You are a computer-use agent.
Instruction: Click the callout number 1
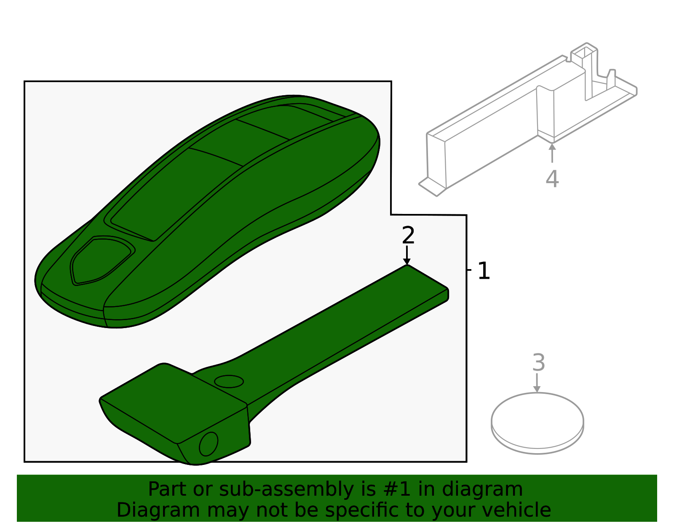484,271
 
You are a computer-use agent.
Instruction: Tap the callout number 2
408,235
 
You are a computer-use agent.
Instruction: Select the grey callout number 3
539,363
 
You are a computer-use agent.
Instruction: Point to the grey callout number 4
552,179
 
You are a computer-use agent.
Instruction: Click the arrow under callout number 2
407,255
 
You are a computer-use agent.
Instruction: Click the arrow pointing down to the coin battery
537,383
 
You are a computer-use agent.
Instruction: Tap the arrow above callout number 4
552,153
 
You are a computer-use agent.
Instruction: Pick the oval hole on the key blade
229,382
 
